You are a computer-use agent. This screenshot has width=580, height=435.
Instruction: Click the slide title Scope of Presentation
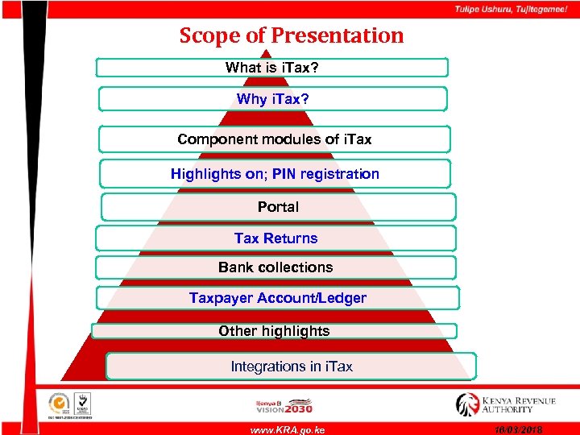tap(291, 35)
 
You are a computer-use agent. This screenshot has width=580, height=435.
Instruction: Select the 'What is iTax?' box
tap(272, 67)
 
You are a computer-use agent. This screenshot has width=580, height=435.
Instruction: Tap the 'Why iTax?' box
tap(272, 99)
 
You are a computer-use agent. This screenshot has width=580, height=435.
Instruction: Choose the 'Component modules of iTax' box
tap(274, 139)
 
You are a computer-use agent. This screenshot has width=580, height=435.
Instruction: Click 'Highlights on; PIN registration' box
tap(275, 173)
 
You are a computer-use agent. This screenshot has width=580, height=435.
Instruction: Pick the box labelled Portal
tap(278, 207)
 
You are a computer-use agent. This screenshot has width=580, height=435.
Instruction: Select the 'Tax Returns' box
tap(275, 238)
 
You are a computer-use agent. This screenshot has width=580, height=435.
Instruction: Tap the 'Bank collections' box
tap(275, 267)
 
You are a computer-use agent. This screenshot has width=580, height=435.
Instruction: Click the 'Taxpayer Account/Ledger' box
tap(277, 298)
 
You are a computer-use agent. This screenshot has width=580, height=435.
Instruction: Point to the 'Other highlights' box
tap(274, 331)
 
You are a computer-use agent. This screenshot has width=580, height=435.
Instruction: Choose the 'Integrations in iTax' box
tap(292, 367)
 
